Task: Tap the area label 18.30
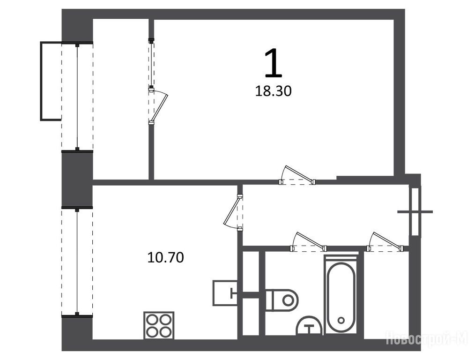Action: coord(273,91)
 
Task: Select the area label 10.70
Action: coord(165,258)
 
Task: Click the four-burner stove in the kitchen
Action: coord(159,325)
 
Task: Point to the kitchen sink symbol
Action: coord(225,293)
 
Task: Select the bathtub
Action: coord(341,295)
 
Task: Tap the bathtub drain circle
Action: coord(341,320)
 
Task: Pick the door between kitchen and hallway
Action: coord(235,212)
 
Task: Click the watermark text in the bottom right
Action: coord(429,339)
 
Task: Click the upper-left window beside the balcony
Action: coord(77,96)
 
